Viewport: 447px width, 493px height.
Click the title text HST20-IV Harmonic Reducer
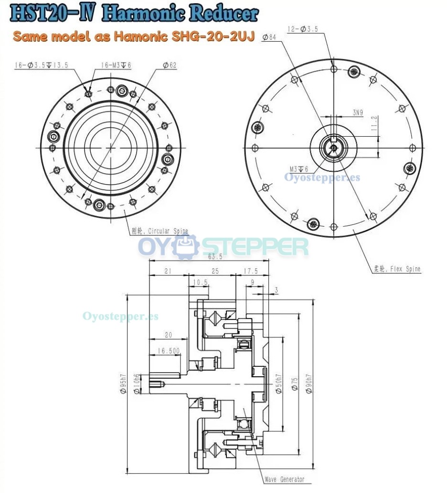click(x=134, y=14)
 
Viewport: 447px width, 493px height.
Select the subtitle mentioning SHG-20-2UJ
click(x=133, y=36)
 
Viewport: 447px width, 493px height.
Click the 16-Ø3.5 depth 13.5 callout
click(x=42, y=65)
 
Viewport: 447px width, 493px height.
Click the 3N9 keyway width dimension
click(x=359, y=112)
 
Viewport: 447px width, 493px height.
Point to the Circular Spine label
click(x=160, y=231)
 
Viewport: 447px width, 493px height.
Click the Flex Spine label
click(x=397, y=269)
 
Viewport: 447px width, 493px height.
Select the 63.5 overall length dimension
click(x=209, y=257)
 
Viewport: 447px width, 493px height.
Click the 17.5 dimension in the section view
click(x=250, y=271)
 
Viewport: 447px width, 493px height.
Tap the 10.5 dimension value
click(x=201, y=283)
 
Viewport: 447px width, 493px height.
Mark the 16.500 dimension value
click(x=168, y=351)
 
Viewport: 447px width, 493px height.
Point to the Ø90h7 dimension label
click(x=309, y=383)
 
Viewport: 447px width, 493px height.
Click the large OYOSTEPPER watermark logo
click(x=223, y=247)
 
